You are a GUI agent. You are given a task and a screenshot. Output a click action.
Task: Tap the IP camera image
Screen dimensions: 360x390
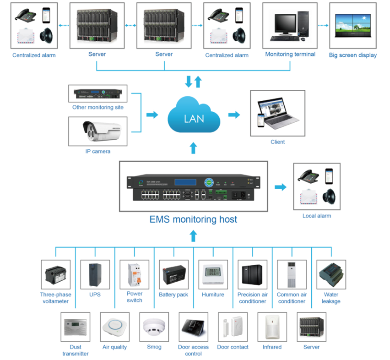click(x=97, y=131)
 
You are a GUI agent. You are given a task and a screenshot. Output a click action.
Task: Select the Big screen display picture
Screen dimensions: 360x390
click(x=353, y=26)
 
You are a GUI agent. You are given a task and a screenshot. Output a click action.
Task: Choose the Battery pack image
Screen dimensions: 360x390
click(x=173, y=274)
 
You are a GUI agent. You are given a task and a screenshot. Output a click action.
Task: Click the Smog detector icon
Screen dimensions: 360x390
click(x=154, y=327)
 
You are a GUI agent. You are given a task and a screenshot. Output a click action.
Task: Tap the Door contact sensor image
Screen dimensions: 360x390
click(x=233, y=327)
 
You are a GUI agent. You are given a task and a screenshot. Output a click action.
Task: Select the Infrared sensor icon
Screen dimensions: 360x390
click(x=272, y=327)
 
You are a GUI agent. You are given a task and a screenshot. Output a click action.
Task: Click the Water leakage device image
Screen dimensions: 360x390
click(x=331, y=274)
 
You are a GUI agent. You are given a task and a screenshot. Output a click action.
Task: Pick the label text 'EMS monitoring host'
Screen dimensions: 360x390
click(x=194, y=219)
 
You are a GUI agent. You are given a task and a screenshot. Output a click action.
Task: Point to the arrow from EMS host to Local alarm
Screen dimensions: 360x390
click(x=281, y=186)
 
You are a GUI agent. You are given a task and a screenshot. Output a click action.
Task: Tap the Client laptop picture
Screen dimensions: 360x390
click(x=277, y=113)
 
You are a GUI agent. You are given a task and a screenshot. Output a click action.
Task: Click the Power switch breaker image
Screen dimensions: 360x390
click(x=135, y=274)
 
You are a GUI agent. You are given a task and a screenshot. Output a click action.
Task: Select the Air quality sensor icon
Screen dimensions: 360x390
click(x=115, y=327)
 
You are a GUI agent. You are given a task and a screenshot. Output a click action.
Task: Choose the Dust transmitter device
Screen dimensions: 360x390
click(x=76, y=327)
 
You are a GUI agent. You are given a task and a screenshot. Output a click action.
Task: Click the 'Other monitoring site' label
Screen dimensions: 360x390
click(x=97, y=107)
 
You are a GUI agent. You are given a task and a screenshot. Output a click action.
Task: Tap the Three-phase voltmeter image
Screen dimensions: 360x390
click(x=56, y=275)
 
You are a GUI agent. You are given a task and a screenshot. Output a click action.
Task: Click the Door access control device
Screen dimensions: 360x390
click(x=193, y=327)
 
